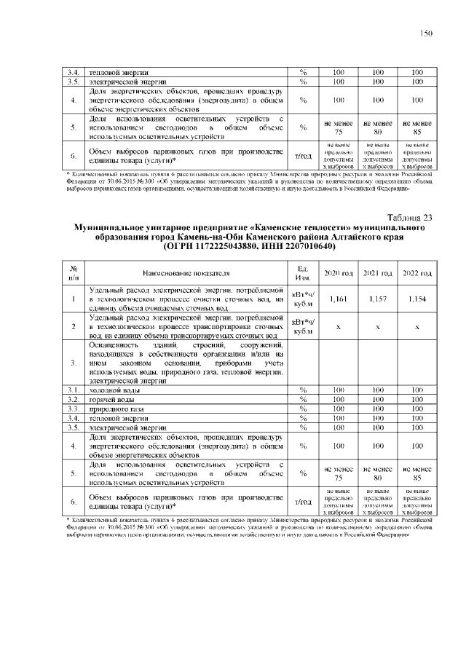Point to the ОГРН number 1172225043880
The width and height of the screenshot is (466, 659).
click(211, 247)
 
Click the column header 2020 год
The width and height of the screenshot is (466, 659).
click(338, 272)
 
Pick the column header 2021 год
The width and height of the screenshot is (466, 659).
click(377, 272)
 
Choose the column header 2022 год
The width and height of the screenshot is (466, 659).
click(416, 272)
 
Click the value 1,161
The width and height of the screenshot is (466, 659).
click(338, 299)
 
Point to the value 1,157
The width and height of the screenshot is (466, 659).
click(377, 299)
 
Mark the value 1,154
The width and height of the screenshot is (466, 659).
click(416, 299)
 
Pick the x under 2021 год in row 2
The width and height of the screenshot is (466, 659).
click(377, 327)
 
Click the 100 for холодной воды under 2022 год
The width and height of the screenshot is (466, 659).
click(416, 391)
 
